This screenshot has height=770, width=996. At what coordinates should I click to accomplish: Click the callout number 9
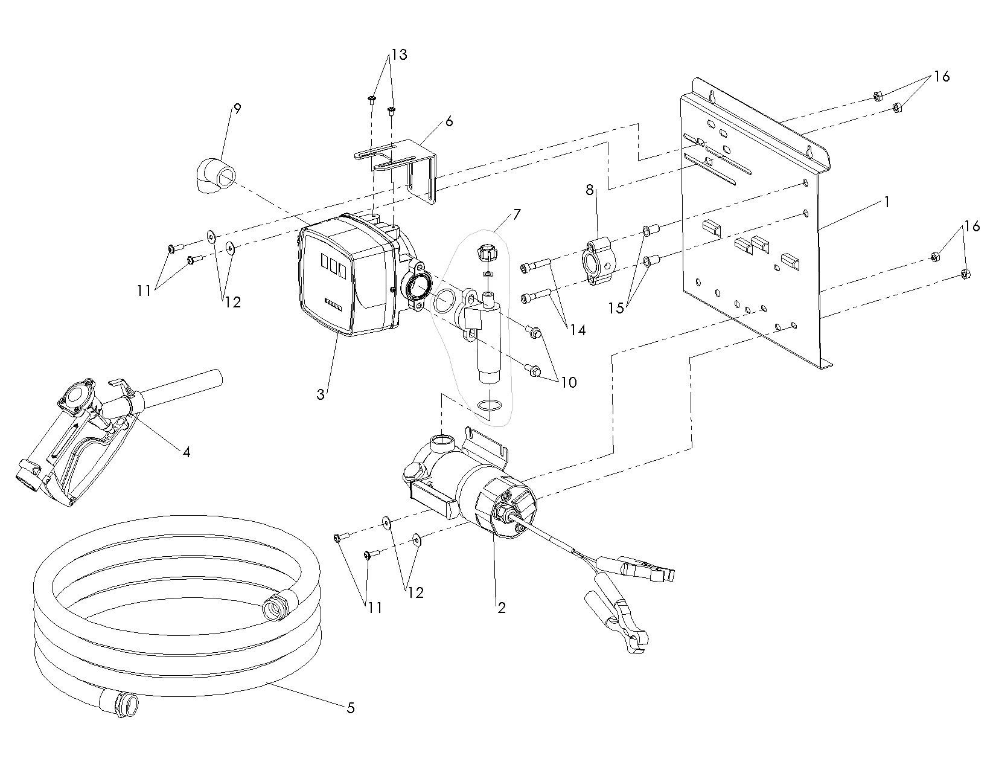point(237,109)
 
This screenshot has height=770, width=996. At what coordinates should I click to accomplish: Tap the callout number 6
point(449,121)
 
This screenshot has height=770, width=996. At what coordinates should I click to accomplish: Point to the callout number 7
point(517,214)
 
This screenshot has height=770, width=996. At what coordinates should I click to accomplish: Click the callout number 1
point(886,203)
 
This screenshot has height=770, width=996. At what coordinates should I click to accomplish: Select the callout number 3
point(321,395)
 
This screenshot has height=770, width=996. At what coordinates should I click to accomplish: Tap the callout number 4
point(187,451)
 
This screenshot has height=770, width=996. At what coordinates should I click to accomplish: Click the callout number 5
point(351,708)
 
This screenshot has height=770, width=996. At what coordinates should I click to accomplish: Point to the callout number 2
point(501,608)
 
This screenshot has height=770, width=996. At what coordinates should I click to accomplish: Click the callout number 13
point(399,55)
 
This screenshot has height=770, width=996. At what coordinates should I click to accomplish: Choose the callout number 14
point(578,330)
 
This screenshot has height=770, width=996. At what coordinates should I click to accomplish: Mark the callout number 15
point(616,308)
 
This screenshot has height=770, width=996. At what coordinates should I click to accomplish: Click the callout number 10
point(569,382)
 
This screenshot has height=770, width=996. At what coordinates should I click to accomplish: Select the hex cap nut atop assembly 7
point(486,251)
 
